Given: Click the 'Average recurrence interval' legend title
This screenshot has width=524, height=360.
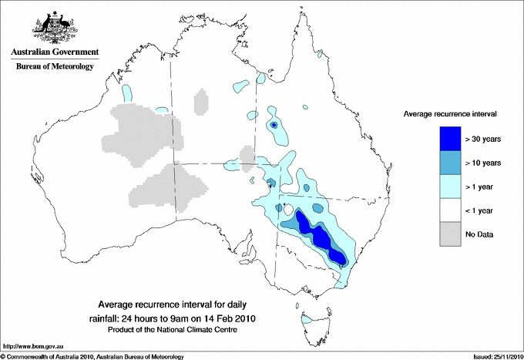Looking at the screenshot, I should [450, 114].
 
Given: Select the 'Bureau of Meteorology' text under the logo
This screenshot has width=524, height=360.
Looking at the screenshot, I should [54, 66].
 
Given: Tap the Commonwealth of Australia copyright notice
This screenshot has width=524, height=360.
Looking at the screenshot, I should [92, 356].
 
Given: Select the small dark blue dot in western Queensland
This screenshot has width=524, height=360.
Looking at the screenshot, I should [273, 124].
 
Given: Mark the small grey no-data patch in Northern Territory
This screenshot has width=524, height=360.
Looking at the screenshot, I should [201, 101].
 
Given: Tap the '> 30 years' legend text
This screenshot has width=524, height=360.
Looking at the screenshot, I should [483, 139].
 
